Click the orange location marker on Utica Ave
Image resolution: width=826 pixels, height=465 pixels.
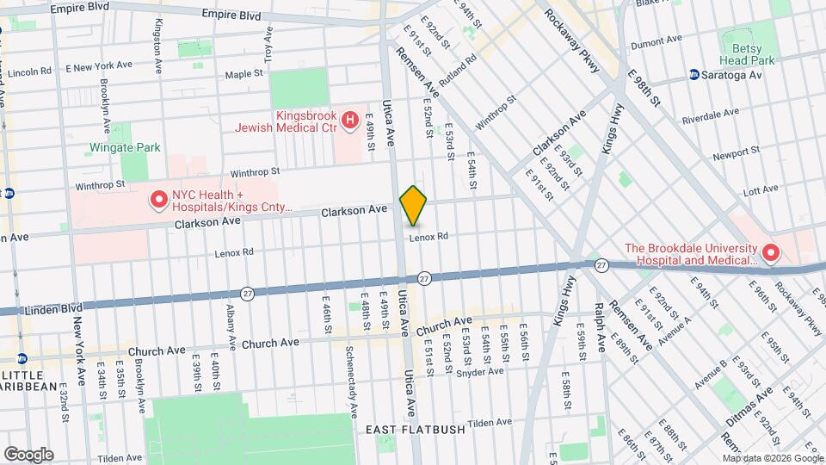click(413, 206)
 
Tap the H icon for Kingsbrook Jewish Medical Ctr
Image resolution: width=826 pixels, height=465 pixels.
click(349, 121)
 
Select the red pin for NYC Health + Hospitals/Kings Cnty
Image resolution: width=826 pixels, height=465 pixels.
click(158, 200)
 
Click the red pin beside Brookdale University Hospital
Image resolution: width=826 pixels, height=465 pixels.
click(771, 253)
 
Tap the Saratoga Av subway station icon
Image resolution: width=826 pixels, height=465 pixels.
click(693, 76)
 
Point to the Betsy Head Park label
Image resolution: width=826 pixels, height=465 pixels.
click(747, 53)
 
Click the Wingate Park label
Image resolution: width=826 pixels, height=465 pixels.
click(125, 147)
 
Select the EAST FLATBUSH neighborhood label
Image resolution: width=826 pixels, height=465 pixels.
click(415, 429)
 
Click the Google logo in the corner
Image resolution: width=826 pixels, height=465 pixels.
click(28, 454)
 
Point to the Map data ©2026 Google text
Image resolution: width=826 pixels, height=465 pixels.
click(772, 458)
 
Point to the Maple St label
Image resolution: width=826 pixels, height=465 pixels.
click(243, 75)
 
